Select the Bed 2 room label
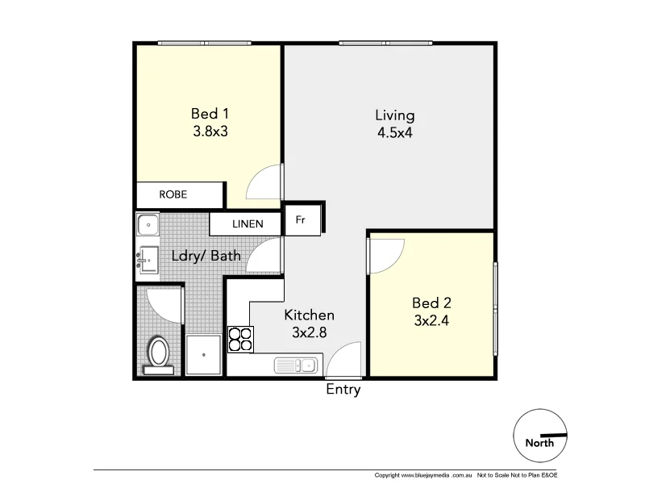[x=431, y=303]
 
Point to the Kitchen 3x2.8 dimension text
[x=309, y=332]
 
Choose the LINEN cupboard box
[x=247, y=223]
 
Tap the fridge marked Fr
[x=300, y=219]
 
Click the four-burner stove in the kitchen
[x=240, y=339]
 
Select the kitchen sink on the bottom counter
[x=298, y=365]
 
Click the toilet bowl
[x=158, y=353]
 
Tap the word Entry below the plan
[x=343, y=390]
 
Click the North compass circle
[x=540, y=436]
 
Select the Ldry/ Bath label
[x=206, y=257]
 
